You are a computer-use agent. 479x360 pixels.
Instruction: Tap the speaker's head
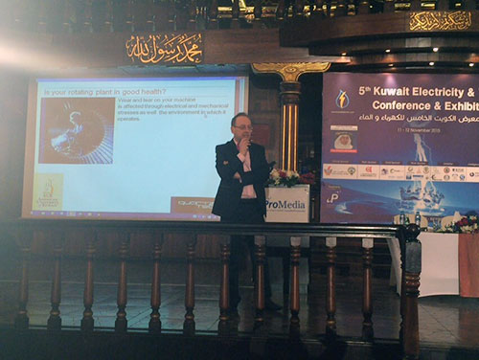[x=240, y=126]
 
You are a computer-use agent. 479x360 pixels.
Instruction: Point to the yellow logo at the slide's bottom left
[x=48, y=190]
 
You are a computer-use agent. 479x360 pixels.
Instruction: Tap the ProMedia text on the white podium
[x=286, y=203]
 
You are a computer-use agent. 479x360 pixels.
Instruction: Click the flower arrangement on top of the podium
[x=286, y=177]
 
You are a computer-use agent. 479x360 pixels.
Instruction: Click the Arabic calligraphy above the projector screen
[x=164, y=47]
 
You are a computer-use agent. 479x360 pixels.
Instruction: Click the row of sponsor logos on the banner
[x=398, y=172]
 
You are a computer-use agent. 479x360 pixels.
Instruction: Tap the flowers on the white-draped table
[x=459, y=225]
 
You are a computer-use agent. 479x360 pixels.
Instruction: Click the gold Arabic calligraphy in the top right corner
[x=440, y=20]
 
